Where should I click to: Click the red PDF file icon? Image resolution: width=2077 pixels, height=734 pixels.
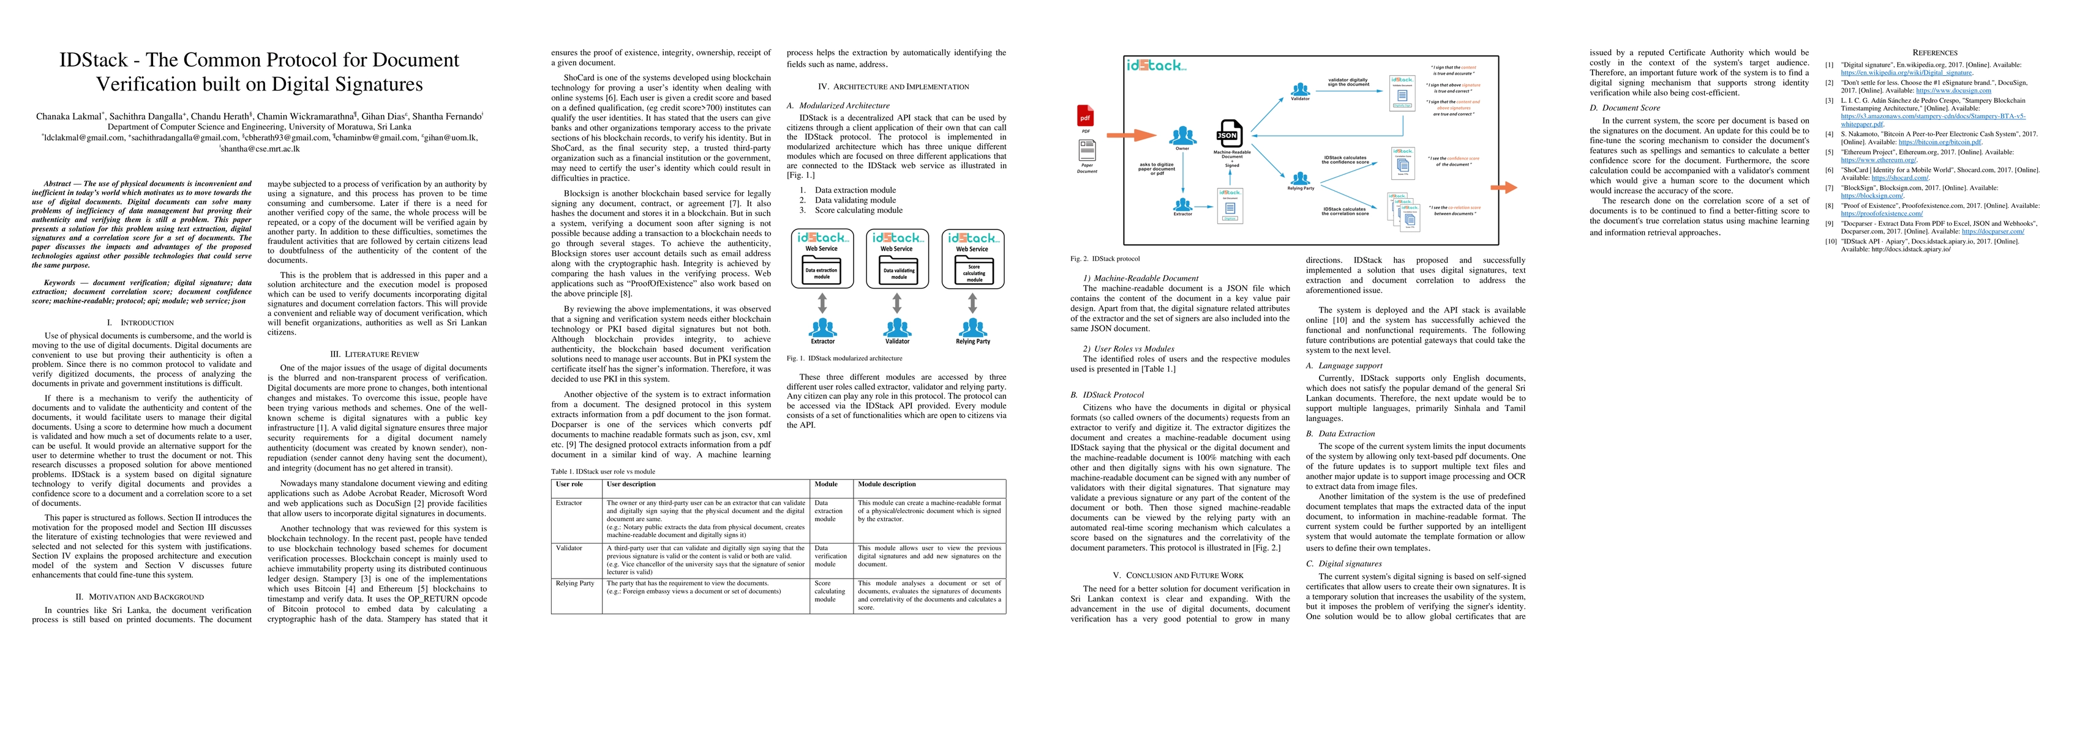click(1085, 117)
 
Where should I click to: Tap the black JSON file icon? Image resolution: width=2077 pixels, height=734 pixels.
click(1230, 135)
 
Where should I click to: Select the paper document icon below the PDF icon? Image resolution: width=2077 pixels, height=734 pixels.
click(1087, 150)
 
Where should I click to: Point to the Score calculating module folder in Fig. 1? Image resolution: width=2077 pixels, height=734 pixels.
click(973, 271)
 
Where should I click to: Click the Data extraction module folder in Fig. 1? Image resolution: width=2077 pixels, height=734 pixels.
click(822, 271)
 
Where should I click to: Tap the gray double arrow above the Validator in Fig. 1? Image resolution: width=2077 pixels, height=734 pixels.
click(898, 303)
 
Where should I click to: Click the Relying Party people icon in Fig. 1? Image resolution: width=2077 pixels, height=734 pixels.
click(973, 327)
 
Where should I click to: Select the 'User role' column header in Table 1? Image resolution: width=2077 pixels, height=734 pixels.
click(569, 484)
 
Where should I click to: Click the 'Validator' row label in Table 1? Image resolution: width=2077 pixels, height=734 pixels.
click(569, 548)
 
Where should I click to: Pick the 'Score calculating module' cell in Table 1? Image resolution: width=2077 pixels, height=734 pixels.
click(830, 591)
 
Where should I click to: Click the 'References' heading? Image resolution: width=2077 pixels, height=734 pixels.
click(1934, 53)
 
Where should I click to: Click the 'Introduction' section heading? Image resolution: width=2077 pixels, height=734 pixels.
click(142, 322)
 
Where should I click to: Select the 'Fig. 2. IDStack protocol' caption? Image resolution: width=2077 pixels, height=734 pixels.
click(1105, 259)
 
